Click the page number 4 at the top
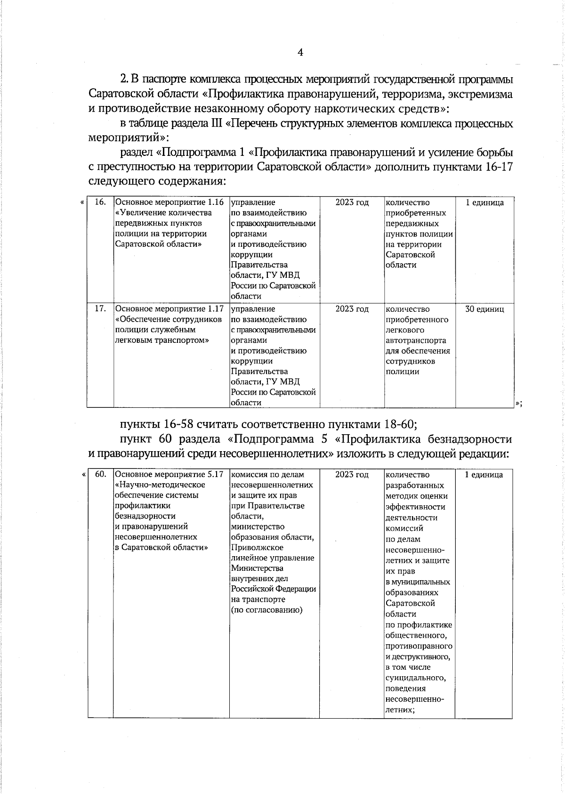point(300,52)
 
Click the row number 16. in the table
point(100,203)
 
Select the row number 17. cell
point(100,309)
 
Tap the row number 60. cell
point(100,474)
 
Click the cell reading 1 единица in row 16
point(484,203)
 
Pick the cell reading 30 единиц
point(484,309)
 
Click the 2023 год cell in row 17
point(352,309)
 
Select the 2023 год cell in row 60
point(352,474)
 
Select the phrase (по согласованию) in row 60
point(266,610)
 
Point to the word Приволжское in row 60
point(257,547)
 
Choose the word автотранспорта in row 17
point(416,340)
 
